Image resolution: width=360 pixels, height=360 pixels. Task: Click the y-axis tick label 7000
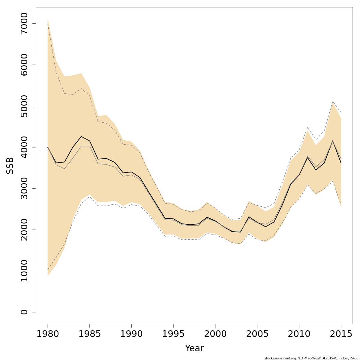point(24,23)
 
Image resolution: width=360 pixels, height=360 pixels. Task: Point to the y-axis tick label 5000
point(24,106)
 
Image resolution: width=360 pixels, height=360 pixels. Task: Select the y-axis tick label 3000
point(24,188)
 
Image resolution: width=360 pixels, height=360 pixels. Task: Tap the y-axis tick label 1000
point(24,271)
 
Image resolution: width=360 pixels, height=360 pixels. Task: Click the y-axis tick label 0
point(24,312)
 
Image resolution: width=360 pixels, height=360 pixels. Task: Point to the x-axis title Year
point(194,348)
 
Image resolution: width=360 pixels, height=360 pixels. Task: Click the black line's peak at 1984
point(81,136)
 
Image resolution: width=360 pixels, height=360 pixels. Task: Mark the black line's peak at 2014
point(333,140)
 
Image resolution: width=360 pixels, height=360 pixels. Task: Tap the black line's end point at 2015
point(341,163)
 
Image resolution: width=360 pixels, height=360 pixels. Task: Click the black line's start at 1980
point(48,147)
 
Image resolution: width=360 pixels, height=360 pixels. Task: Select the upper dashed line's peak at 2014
point(333,102)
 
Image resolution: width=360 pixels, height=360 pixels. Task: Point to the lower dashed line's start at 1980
point(48,270)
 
